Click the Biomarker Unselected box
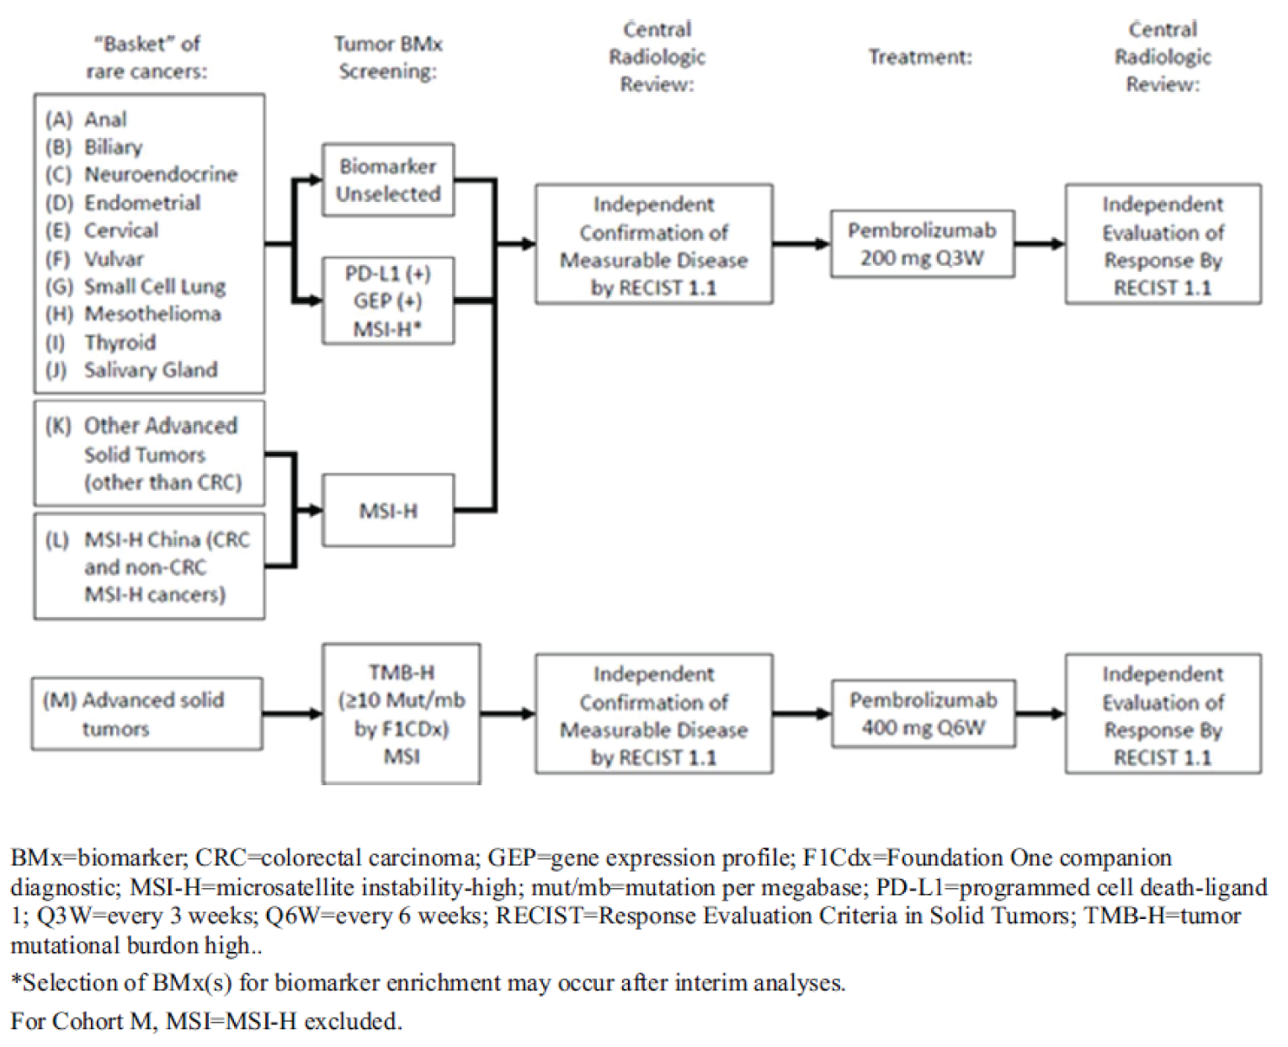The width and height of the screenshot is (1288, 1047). pyautogui.click(x=388, y=180)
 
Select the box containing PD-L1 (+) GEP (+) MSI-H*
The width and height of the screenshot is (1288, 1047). pyautogui.click(x=388, y=300)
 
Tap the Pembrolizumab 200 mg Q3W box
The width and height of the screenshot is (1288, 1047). pyautogui.click(x=922, y=244)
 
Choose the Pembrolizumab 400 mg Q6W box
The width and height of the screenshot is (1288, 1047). pyautogui.click(x=923, y=714)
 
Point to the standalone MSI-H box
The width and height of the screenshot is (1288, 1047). pyautogui.click(x=388, y=510)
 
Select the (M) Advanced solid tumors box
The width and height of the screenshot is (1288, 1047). pyautogui.click(x=146, y=714)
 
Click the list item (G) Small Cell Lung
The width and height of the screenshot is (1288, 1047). pyautogui.click(x=136, y=286)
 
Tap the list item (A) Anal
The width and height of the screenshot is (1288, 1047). pyautogui.click(x=87, y=120)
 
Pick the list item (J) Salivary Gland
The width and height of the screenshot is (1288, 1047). pyautogui.click(x=132, y=369)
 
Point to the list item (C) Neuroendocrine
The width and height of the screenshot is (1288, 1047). pyautogui.click(x=141, y=175)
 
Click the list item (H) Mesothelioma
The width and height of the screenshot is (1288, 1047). pyautogui.click(x=134, y=314)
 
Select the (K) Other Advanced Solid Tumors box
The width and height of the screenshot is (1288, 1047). pyautogui.click(x=149, y=453)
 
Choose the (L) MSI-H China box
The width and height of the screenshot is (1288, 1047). pyautogui.click(x=149, y=566)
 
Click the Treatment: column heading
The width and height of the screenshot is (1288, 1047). pyautogui.click(x=919, y=57)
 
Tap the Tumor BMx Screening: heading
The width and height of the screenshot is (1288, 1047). pyautogui.click(x=388, y=57)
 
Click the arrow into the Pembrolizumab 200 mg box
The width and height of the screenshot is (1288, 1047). pyautogui.click(x=801, y=244)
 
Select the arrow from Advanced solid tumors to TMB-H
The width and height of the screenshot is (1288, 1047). pyautogui.click(x=291, y=714)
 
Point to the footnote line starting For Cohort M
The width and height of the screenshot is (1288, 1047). pyautogui.click(x=206, y=1021)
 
